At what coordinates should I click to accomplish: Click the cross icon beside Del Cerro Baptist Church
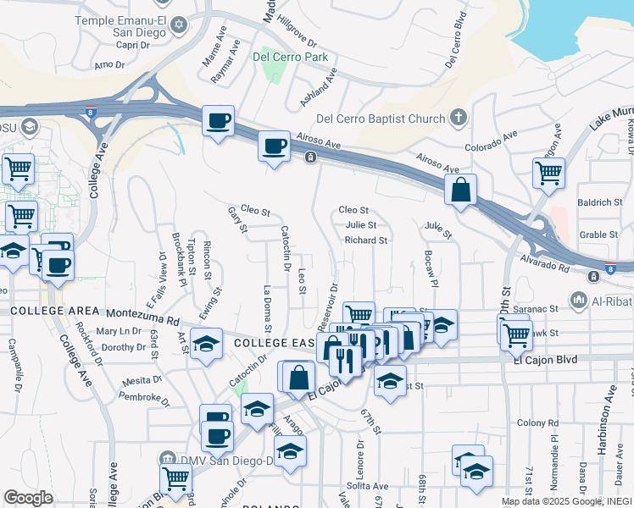point(459,118)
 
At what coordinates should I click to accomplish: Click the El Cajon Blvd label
point(545,360)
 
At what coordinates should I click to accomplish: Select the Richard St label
point(365,240)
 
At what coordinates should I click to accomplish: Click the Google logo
point(28,498)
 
